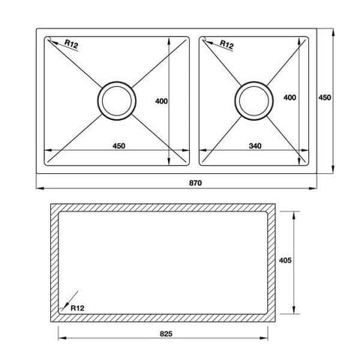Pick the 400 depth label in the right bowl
click(x=290, y=98)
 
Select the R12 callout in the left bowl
click(x=71, y=46)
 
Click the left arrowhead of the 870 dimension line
click(x=40, y=187)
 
